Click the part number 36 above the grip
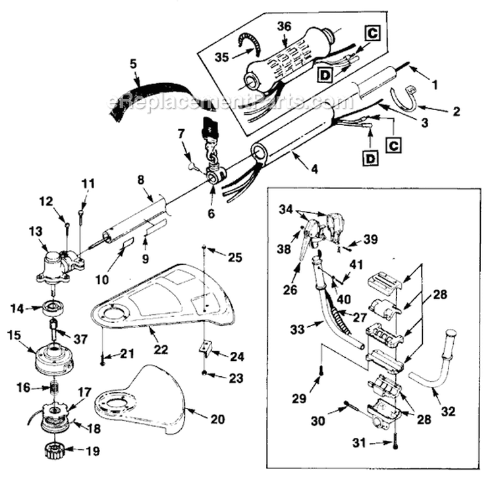pyautogui.click(x=284, y=26)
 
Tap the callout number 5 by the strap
pyautogui.click(x=133, y=65)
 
